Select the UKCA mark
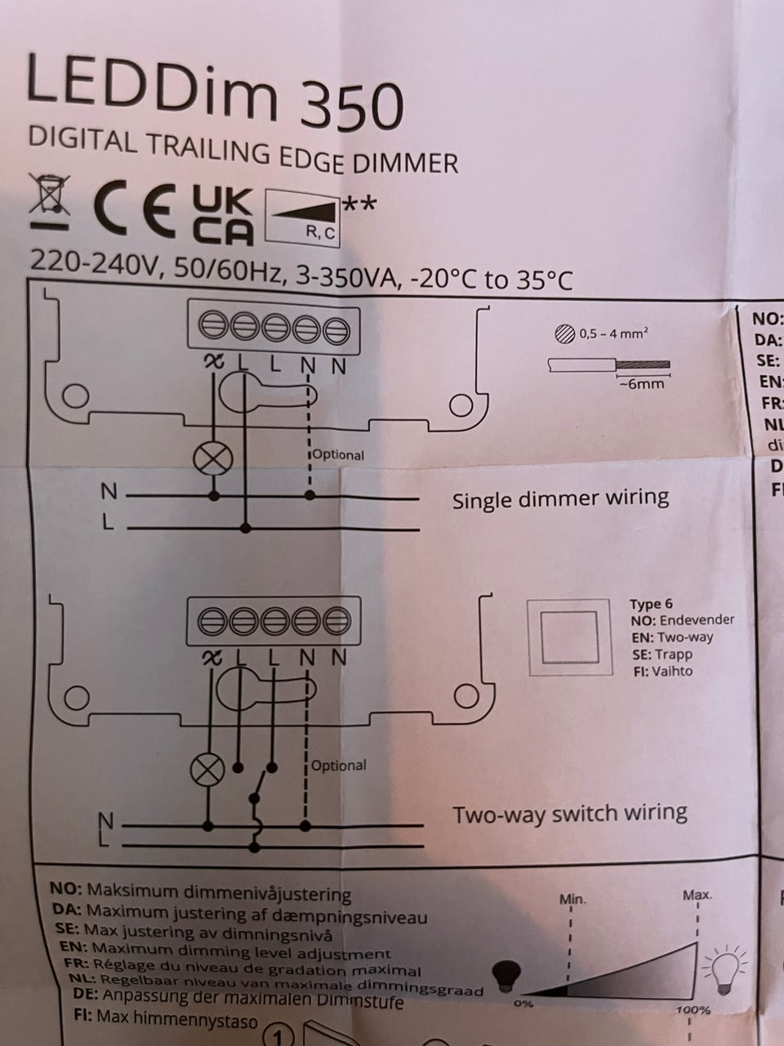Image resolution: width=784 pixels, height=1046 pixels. [x=222, y=215]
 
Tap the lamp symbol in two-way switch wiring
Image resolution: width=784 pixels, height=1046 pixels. [x=207, y=770]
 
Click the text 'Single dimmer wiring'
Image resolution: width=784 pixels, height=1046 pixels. [x=560, y=498]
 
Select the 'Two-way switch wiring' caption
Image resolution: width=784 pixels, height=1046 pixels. [x=570, y=814]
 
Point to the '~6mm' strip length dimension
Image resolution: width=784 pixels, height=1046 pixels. [x=642, y=383]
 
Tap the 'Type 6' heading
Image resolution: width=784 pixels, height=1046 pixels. [x=651, y=604]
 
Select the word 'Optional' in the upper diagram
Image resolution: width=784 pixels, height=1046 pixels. [x=338, y=455]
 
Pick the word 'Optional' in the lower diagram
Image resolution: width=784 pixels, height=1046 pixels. [x=339, y=766]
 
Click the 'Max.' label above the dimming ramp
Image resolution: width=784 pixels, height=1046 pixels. [x=697, y=895]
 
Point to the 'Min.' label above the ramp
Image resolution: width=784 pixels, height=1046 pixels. [x=572, y=899]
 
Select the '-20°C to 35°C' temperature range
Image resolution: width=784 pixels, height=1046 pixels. [x=491, y=280]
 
